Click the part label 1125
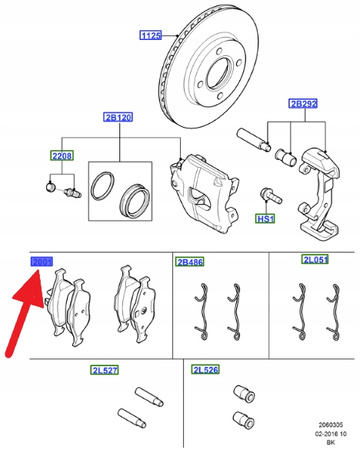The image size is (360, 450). [149, 37]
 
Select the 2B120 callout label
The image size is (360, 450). [118, 117]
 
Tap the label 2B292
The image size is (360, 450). [303, 103]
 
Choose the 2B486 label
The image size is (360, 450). [189, 262]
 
